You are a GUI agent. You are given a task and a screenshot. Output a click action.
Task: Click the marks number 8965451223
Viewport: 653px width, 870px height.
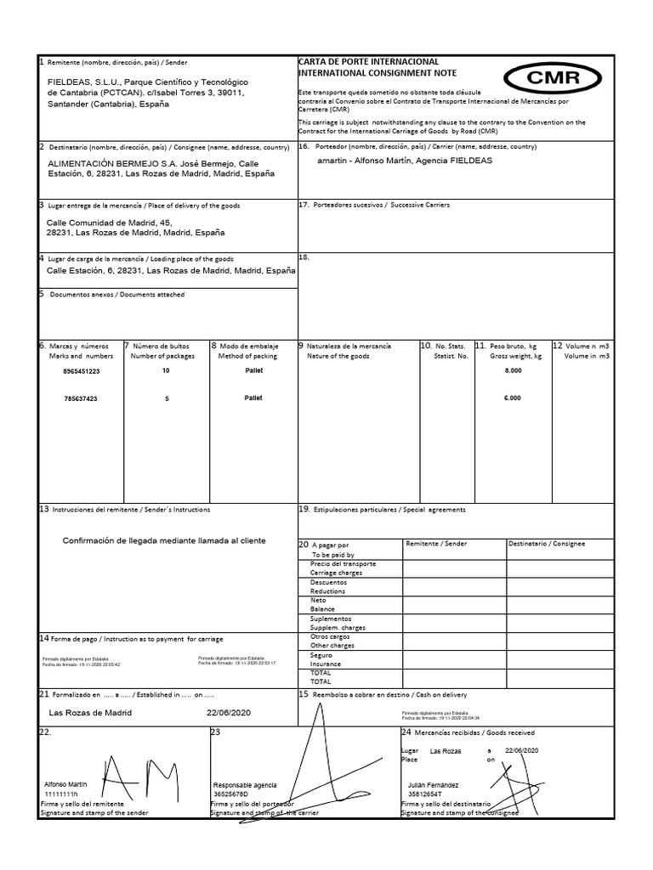click(x=82, y=371)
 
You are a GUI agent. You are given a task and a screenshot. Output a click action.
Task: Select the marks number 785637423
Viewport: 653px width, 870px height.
click(x=81, y=398)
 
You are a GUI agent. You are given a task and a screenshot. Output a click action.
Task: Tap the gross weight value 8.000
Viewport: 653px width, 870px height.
click(x=514, y=371)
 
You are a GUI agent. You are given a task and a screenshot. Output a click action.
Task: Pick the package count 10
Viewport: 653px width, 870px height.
click(x=166, y=371)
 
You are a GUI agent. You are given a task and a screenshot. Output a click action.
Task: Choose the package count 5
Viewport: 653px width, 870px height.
click(x=166, y=398)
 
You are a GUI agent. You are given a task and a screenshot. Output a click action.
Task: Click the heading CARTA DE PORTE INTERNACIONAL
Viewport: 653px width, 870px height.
click(x=368, y=62)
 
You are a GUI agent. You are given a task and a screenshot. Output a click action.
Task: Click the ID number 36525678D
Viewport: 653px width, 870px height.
click(x=234, y=794)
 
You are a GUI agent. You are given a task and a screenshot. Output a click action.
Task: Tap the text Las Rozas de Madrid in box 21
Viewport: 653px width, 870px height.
click(x=91, y=712)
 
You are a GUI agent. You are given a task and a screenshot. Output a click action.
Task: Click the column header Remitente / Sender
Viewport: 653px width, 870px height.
click(x=436, y=544)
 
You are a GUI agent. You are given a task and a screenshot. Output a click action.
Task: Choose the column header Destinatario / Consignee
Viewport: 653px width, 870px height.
click(x=546, y=544)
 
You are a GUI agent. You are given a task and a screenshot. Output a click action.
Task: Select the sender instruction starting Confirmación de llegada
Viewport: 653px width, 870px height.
click(x=164, y=540)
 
